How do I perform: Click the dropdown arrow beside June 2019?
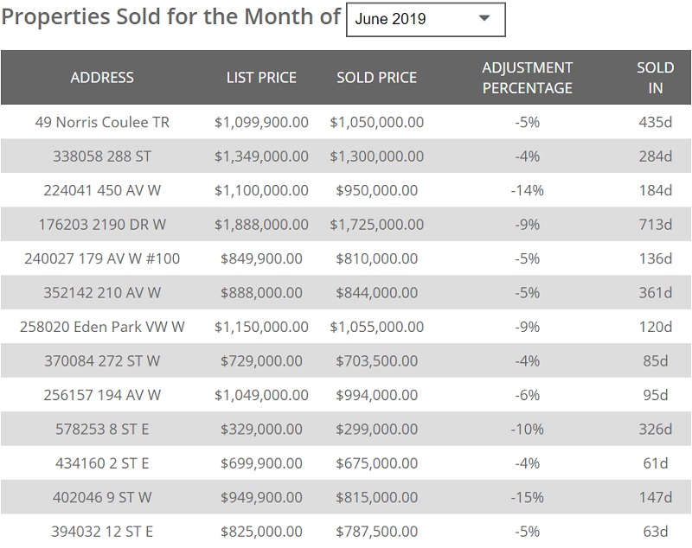[x=484, y=18]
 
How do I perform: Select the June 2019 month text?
[x=390, y=19]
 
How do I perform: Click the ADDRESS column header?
[x=102, y=77]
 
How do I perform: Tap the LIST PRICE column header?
[x=261, y=77]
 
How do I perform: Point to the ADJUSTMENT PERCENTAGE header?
[x=527, y=77]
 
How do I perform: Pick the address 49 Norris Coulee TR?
[x=102, y=122]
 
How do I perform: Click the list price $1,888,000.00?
[x=261, y=225]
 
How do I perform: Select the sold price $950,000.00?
[x=376, y=190]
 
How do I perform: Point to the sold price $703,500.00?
[x=376, y=361]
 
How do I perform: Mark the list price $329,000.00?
[x=261, y=430]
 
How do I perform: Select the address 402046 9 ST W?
[x=102, y=498]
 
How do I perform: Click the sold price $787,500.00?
[x=376, y=531]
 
